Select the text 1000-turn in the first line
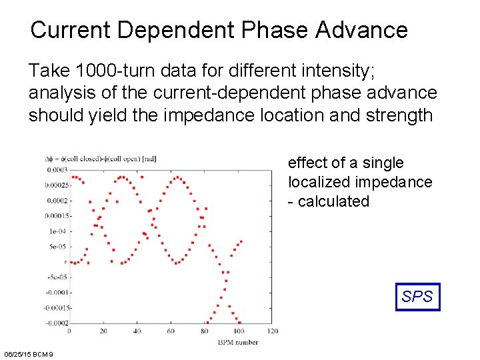click(x=112, y=70)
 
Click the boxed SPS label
click(x=417, y=297)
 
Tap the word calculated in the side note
click(x=333, y=201)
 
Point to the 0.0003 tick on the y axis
click(x=56, y=170)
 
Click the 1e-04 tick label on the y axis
click(x=57, y=231)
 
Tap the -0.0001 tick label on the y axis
click(x=56, y=293)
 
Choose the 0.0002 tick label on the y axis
click(x=56, y=201)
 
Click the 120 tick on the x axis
click(x=271, y=331)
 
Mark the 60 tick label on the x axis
click(x=171, y=331)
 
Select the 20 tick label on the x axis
click(x=103, y=331)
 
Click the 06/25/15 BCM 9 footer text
click(x=33, y=353)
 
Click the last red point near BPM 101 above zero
click(x=240, y=241)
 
